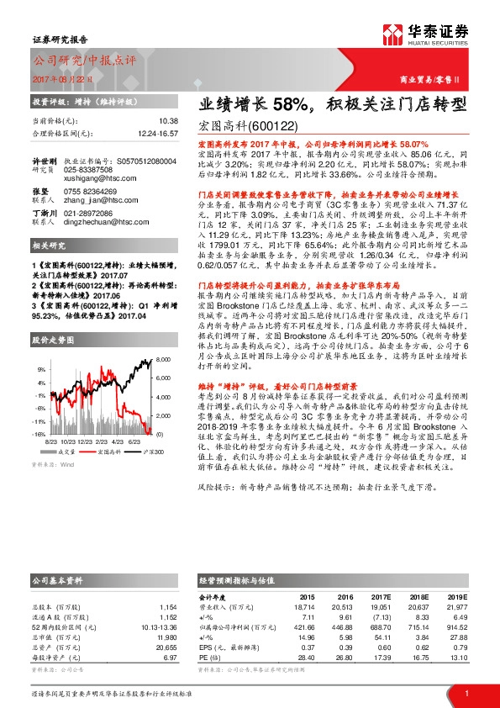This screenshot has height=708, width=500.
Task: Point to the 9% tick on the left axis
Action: (39, 368)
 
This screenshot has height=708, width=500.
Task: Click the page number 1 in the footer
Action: (466, 692)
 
